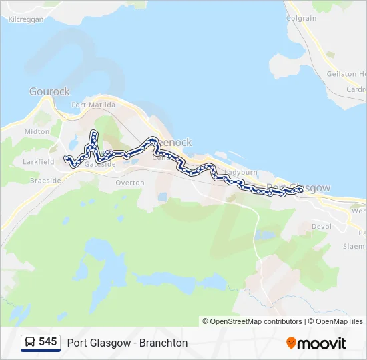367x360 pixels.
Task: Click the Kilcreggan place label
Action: point(26,20)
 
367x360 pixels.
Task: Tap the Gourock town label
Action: point(49,92)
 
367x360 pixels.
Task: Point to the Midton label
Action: point(37,132)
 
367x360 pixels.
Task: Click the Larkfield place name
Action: point(39,162)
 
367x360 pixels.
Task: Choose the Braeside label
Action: point(46,180)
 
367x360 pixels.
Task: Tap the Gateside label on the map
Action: point(101,165)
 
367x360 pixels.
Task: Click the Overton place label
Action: point(129,182)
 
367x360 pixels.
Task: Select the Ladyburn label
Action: point(240,172)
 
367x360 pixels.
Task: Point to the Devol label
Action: point(321,227)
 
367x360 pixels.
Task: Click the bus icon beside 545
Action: point(30,342)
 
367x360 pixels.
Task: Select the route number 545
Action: point(48,342)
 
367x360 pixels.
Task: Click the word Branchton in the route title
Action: point(163,343)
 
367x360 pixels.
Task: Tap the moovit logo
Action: point(316,343)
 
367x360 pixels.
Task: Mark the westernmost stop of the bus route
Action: point(65,158)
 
